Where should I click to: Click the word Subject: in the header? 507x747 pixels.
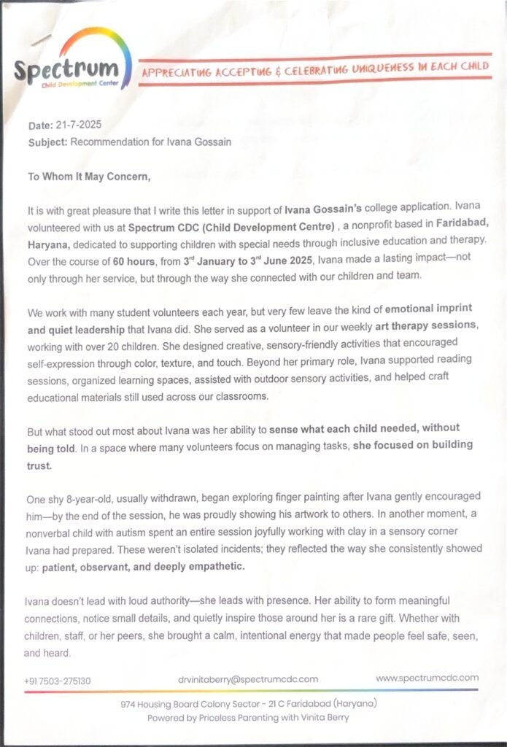tap(47, 142)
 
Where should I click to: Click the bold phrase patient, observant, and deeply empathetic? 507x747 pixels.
tap(144, 566)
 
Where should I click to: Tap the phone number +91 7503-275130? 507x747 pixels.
tap(58, 681)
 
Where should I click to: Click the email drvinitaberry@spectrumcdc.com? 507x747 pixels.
tap(249, 679)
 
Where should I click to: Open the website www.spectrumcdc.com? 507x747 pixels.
tap(427, 678)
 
